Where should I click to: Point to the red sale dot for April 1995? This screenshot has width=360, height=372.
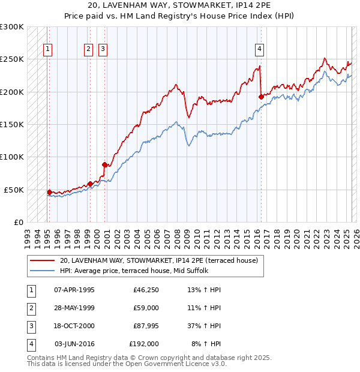(x=49, y=192)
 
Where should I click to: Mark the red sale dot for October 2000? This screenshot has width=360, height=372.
(x=104, y=164)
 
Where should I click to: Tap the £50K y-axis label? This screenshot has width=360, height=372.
(x=14, y=190)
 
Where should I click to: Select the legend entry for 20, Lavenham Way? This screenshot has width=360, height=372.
(x=158, y=260)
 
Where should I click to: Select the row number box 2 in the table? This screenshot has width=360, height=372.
(x=30, y=308)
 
